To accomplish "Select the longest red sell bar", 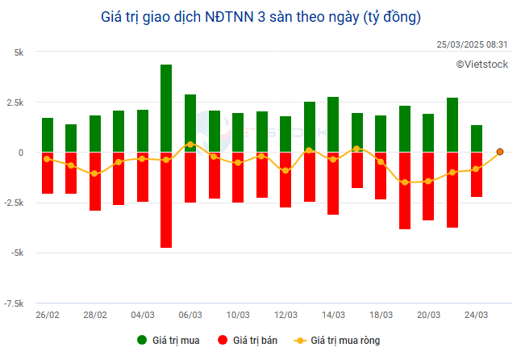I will (166, 199).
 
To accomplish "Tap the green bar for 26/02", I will (48, 135).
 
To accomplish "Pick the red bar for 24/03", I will (477, 174).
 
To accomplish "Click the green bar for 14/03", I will (333, 124).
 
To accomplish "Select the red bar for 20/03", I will (428, 186).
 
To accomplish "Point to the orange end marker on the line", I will (500, 152).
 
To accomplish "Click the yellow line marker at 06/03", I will (190, 144).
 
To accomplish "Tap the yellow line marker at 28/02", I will (95, 174).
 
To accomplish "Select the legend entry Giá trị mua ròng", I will (336, 341).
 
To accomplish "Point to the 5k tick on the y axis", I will (17, 52).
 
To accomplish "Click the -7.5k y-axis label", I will (14, 303).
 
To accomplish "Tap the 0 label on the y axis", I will (22, 153).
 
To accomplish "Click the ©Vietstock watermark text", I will (481, 64).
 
